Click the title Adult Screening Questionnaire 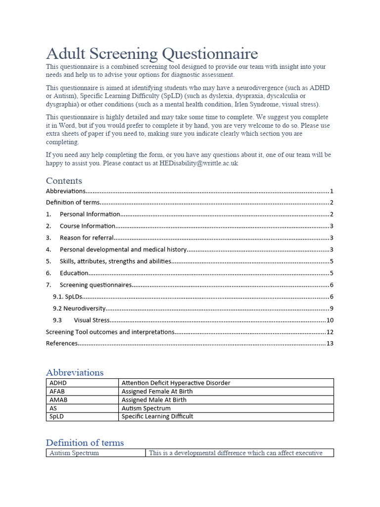pyautogui.click(x=152, y=53)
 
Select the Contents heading pyautogui.click(x=64, y=181)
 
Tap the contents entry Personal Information pyautogui.click(x=90, y=214)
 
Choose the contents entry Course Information pyautogui.click(x=88, y=226)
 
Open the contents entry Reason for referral pyautogui.click(x=87, y=238)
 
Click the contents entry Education pyautogui.click(x=74, y=273)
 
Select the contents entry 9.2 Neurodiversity pyautogui.click(x=79, y=308)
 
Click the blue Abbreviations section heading pyautogui.click(x=75, y=372)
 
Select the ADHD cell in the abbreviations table pyautogui.click(x=57, y=383)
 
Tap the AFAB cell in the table pyautogui.click(x=57, y=391)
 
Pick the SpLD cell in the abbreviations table pyautogui.click(x=57, y=416)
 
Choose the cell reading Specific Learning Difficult pyautogui.click(x=157, y=416)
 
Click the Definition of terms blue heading pyautogui.click(x=85, y=443)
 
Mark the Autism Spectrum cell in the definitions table pyautogui.click(x=74, y=453)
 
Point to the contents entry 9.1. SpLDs pyautogui.click(x=67, y=297)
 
